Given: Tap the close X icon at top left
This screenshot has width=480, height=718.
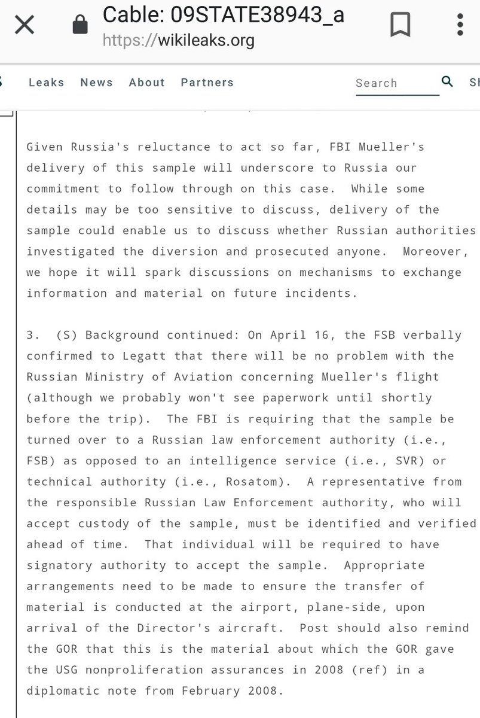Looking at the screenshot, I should [x=25, y=25].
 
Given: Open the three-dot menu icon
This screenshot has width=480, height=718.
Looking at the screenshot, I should [x=460, y=25].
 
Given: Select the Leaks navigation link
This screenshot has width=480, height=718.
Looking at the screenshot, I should [x=46, y=83].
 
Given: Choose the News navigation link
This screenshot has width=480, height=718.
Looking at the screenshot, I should [x=96, y=83].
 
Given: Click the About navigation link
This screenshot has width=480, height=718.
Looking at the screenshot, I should [x=146, y=83].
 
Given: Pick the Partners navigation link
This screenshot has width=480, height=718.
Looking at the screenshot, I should [x=207, y=83].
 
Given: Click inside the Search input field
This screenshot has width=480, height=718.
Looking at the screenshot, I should [x=392, y=83].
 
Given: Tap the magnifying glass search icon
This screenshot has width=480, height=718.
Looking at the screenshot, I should [x=447, y=81].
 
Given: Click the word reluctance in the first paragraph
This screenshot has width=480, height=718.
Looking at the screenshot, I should [x=160, y=147].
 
